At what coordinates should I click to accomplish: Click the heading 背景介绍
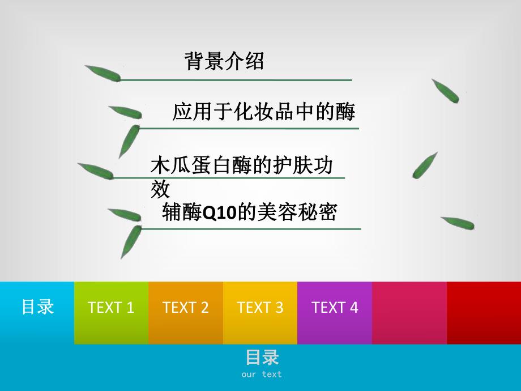coord(224,61)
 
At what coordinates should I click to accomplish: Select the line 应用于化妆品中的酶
coord(263,112)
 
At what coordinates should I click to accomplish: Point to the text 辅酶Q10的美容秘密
coord(249,212)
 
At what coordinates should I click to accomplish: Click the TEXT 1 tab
coord(111,308)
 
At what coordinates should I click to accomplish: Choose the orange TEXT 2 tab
coord(186,308)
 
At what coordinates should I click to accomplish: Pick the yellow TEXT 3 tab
coord(260,308)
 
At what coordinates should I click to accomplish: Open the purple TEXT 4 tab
coord(335,308)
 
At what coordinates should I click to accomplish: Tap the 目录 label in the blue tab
coord(37,307)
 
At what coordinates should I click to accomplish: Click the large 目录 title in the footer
coord(262,358)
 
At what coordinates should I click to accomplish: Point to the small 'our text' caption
coord(262,374)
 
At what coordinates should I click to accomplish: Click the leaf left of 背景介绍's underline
coord(103,74)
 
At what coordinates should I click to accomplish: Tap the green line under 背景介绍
coord(238,80)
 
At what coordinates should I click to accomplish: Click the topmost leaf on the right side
coord(445,91)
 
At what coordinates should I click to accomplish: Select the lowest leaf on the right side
coord(458,223)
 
